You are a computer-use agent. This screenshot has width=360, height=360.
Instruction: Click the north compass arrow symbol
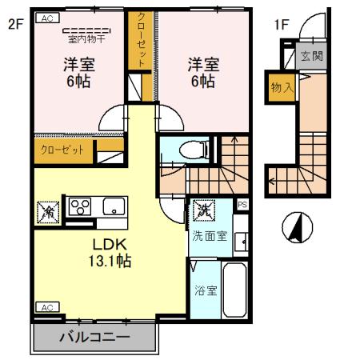tap(294, 229)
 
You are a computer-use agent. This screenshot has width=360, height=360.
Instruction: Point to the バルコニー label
tap(94, 338)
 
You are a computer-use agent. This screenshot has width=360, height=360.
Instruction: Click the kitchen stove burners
tap(80, 206)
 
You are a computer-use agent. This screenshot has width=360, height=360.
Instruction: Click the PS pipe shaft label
tap(243, 204)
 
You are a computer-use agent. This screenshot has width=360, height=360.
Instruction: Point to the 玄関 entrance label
tap(310, 56)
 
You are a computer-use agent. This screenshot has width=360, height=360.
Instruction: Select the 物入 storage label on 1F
tap(281, 86)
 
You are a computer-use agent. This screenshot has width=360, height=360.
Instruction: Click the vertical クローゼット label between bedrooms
tap(141, 40)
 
